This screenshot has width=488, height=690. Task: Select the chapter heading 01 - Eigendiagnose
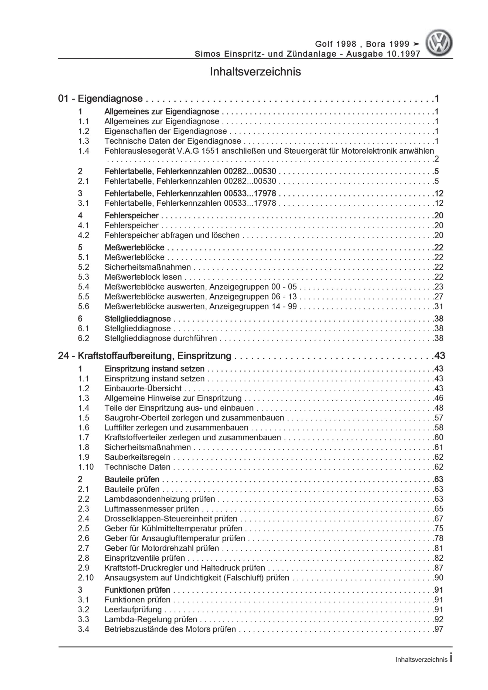101,99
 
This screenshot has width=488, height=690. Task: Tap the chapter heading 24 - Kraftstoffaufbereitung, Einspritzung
145,356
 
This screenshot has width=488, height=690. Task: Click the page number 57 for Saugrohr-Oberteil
439,418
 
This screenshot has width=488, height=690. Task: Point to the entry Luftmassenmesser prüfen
152,509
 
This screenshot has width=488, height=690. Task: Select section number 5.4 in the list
84,287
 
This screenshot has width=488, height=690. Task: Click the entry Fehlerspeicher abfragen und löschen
172,235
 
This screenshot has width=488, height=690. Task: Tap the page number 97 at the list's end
439,629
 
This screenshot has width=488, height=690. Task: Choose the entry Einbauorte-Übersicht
143,388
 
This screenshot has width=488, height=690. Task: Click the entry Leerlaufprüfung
133,609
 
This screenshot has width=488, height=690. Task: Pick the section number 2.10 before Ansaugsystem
86,578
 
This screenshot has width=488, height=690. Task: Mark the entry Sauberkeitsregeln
138,457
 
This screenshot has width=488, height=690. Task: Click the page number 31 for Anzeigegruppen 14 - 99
439,306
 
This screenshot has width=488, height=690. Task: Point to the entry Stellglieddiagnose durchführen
161,338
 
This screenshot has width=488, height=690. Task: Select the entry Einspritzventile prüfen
145,558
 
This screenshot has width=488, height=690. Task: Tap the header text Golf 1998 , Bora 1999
362,44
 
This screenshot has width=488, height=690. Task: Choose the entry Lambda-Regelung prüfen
151,619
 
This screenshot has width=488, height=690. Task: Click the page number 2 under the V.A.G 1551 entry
436,159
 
